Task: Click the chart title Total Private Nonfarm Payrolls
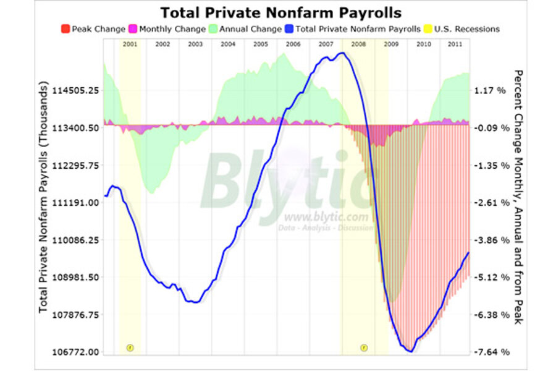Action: pyautogui.click(x=281, y=13)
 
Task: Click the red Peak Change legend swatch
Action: pyautogui.click(x=65, y=28)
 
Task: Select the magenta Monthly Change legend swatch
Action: pyautogui.click(x=133, y=28)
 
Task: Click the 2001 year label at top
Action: pyautogui.click(x=130, y=45)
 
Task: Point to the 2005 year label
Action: pyautogui.click(x=260, y=45)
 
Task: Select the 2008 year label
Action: pyautogui.click(x=358, y=45)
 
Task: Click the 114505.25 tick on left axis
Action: pyautogui.click(x=75, y=90)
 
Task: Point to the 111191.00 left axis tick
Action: pyautogui.click(x=75, y=203)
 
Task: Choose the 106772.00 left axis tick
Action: pyautogui.click(x=75, y=352)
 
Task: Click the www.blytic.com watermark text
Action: pyautogui.click(x=326, y=217)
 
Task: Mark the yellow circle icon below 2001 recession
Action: pyautogui.click(x=130, y=348)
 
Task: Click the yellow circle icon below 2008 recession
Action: pyautogui.click(x=364, y=348)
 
